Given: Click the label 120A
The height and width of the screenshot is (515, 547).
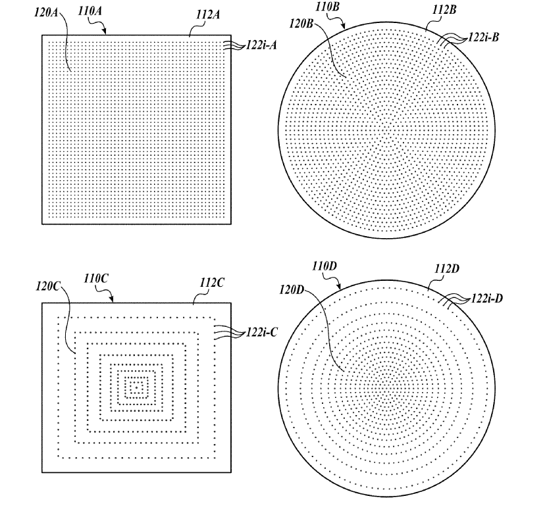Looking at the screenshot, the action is (45, 12).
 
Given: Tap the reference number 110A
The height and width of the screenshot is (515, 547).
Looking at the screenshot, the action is (90, 11).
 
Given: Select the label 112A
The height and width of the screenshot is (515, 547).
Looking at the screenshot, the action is (208, 14).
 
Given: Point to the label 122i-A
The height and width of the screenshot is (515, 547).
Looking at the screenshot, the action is (261, 45).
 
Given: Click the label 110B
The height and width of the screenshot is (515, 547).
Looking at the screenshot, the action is (328, 7).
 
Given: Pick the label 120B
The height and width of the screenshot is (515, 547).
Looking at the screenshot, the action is (301, 24).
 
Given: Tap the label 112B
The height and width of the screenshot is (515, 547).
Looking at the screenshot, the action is (444, 10).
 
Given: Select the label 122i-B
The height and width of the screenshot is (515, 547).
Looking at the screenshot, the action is (484, 37).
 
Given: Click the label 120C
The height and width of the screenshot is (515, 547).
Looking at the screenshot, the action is (47, 286).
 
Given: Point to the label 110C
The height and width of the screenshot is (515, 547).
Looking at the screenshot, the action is (96, 279).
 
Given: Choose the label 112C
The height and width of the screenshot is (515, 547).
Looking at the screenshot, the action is (212, 282).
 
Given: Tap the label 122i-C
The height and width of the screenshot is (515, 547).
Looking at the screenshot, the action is (261, 332).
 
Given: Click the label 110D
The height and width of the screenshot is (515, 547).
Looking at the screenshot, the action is (325, 266).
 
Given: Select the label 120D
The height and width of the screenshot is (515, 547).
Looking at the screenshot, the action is (292, 289).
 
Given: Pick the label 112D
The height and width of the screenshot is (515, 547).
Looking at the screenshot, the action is (447, 269).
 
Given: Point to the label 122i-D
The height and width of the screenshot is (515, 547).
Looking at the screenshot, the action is (487, 299).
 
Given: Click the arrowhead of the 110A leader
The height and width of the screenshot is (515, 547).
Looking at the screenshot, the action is (104, 32).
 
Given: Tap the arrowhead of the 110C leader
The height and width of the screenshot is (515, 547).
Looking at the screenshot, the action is (112, 299).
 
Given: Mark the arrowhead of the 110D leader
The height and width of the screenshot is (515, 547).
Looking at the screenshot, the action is (339, 287).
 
